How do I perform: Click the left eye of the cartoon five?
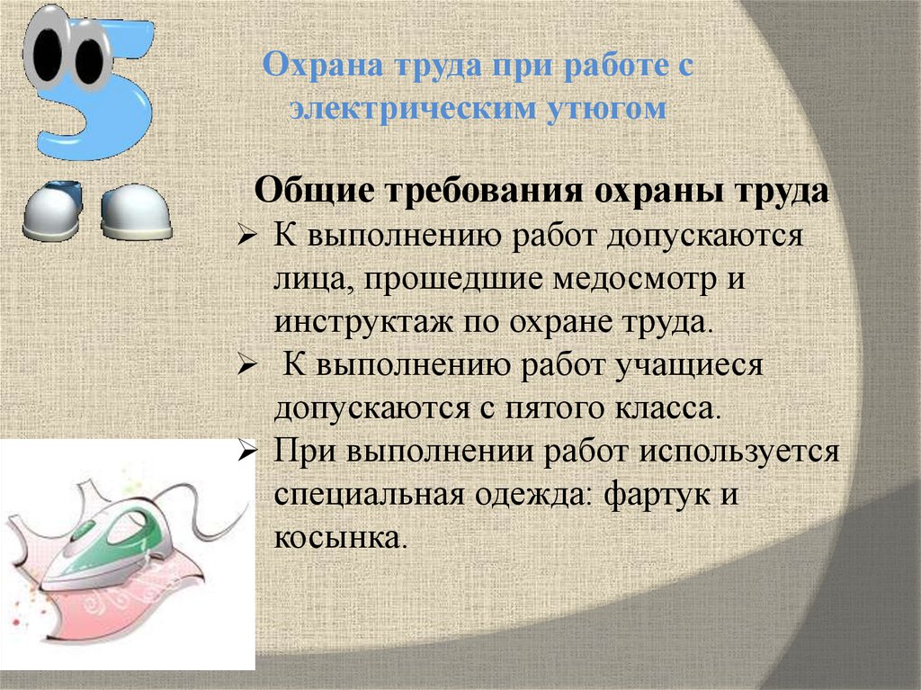coord(44,51)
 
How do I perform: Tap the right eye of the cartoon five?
coord(89,56)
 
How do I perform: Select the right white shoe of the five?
coord(135,212)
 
